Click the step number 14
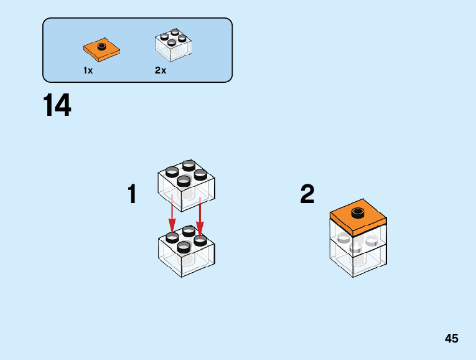coord(57,107)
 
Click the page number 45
coord(451,339)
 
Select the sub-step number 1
coord(132,195)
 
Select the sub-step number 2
coord(307,195)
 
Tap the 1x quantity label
coord(88,70)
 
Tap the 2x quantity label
coord(161,70)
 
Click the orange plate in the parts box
coord(101,49)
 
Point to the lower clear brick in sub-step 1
coord(186,257)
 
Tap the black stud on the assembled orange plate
coord(358,213)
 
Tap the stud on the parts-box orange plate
coord(101,45)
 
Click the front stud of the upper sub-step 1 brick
coord(184,181)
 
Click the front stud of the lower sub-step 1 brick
coord(184,247)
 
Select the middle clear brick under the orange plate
coord(357,240)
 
